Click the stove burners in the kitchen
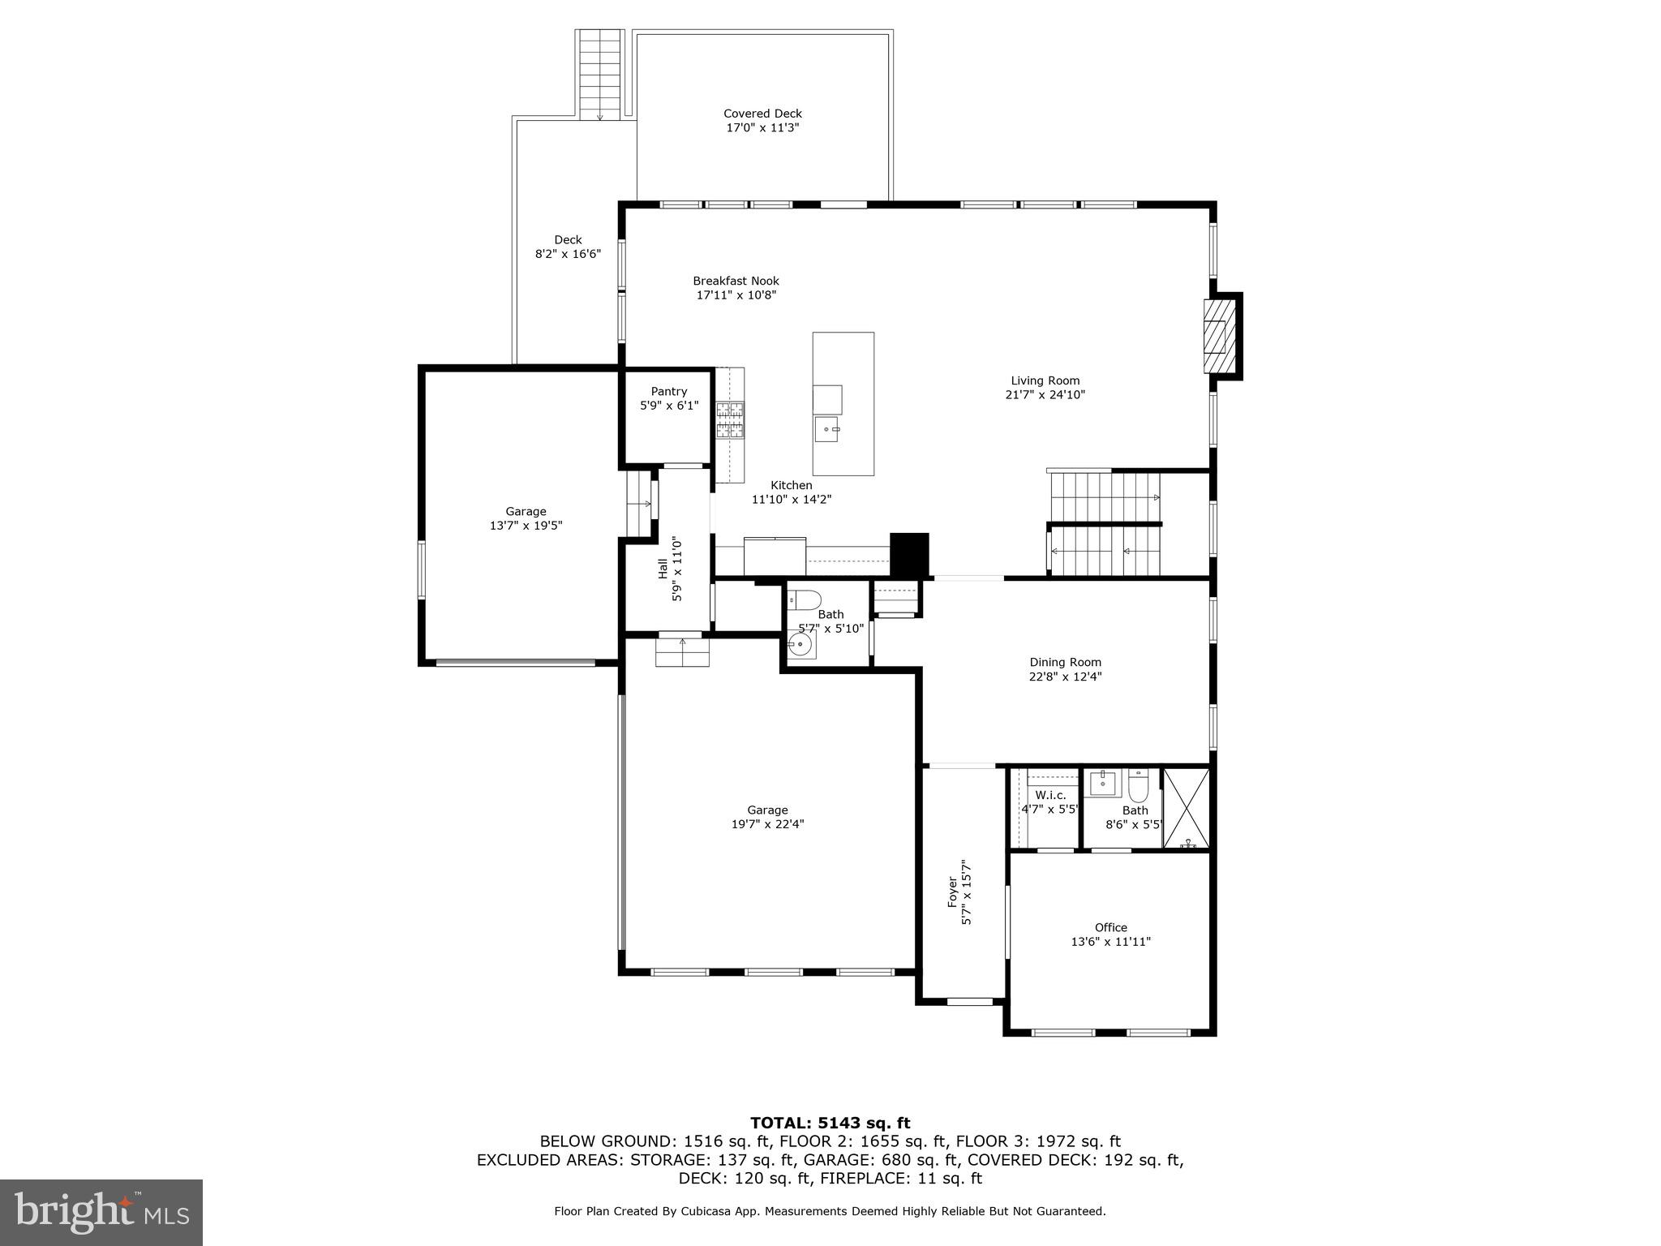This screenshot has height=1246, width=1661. pyautogui.click(x=730, y=420)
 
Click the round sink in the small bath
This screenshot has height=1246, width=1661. pyautogui.click(x=800, y=646)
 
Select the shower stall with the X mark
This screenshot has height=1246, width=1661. pyautogui.click(x=1186, y=808)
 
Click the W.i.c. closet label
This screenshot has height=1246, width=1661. pyautogui.click(x=1050, y=795)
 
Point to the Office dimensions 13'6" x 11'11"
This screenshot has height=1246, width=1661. pyautogui.click(x=1110, y=942)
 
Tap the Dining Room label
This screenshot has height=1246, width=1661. pyautogui.click(x=1065, y=662)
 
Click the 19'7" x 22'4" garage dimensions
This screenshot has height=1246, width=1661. pyautogui.click(x=767, y=824)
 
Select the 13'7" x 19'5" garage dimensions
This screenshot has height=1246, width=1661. pyautogui.click(x=526, y=526)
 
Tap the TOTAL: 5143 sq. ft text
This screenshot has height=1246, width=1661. pyautogui.click(x=830, y=1124)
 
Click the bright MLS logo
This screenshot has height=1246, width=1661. pyautogui.click(x=101, y=1212)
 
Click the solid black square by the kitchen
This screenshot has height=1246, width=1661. pyautogui.click(x=909, y=553)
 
